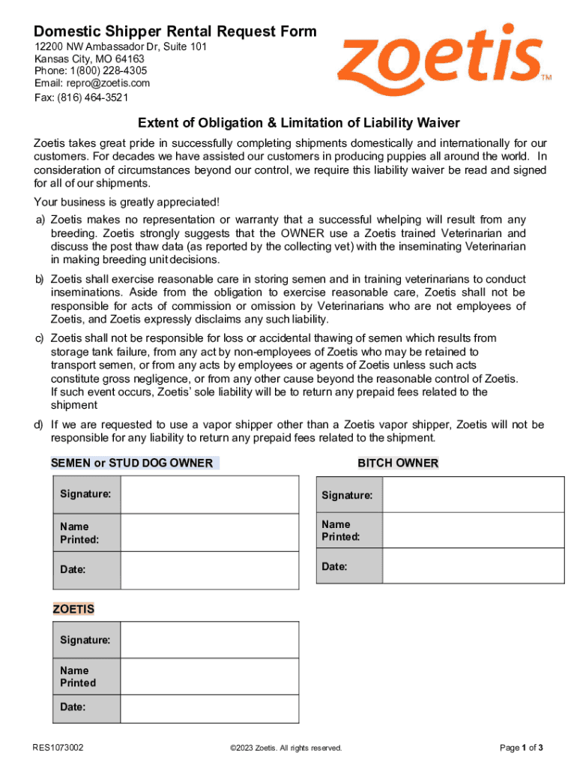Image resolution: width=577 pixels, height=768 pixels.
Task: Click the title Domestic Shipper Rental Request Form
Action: [175, 31]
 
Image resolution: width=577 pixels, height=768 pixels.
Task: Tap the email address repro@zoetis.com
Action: [92, 83]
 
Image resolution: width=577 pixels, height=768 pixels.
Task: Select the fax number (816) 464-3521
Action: [81, 97]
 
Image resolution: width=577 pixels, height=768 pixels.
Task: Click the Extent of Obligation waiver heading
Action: [288, 122]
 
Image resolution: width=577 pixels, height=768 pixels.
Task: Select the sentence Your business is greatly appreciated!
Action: [126, 202]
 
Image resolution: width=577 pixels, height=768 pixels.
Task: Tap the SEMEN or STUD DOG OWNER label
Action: [132, 463]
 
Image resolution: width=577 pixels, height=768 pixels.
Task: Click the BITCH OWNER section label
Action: [398, 463]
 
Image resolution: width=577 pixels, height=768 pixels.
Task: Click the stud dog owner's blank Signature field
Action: [209, 494]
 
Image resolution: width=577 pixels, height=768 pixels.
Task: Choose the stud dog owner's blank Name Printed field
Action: [209, 532]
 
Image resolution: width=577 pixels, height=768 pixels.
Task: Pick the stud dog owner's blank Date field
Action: [209, 570]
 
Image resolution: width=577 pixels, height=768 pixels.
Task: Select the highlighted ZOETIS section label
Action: [73, 609]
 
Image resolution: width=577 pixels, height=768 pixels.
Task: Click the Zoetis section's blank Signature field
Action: [209, 640]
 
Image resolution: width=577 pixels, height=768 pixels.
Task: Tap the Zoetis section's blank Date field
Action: [209, 706]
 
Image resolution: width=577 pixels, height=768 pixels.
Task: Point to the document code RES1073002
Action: [58, 748]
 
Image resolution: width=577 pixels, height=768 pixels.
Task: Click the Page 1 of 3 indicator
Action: [521, 748]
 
